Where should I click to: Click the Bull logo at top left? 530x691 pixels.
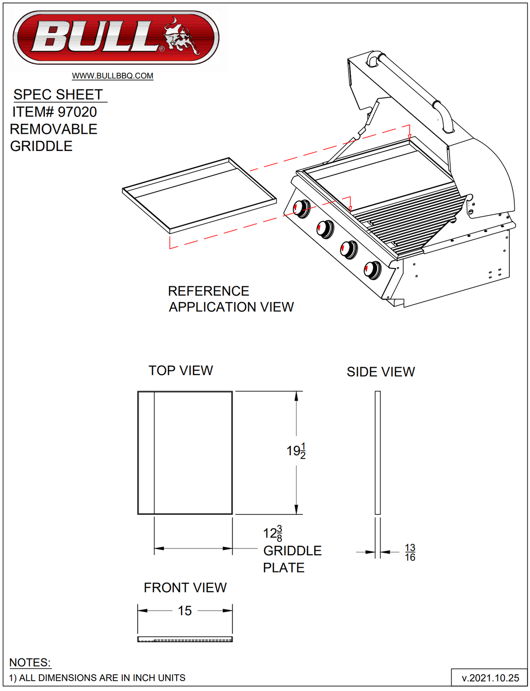point(116,38)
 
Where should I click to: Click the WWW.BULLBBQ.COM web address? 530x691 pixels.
point(113,76)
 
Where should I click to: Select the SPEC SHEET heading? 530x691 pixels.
point(58,95)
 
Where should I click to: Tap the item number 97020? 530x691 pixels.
point(77,112)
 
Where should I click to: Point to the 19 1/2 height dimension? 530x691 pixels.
point(296,451)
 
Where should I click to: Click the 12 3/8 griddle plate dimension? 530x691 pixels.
point(273,534)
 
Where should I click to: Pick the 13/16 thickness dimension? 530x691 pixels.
point(410,552)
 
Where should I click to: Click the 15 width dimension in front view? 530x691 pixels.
point(185,611)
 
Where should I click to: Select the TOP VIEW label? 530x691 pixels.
point(181,371)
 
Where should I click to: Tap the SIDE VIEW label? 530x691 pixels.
point(380,372)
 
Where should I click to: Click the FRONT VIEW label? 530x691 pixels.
point(185,588)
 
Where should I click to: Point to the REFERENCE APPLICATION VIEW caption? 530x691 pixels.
point(230,299)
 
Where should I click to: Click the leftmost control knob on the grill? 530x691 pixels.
point(301,209)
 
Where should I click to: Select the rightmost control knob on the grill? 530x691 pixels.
point(372,269)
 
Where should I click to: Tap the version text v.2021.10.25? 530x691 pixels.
point(490,678)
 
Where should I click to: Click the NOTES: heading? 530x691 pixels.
point(30,663)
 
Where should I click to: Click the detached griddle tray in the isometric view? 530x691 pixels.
point(200,194)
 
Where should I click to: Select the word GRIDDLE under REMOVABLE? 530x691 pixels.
point(41,147)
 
